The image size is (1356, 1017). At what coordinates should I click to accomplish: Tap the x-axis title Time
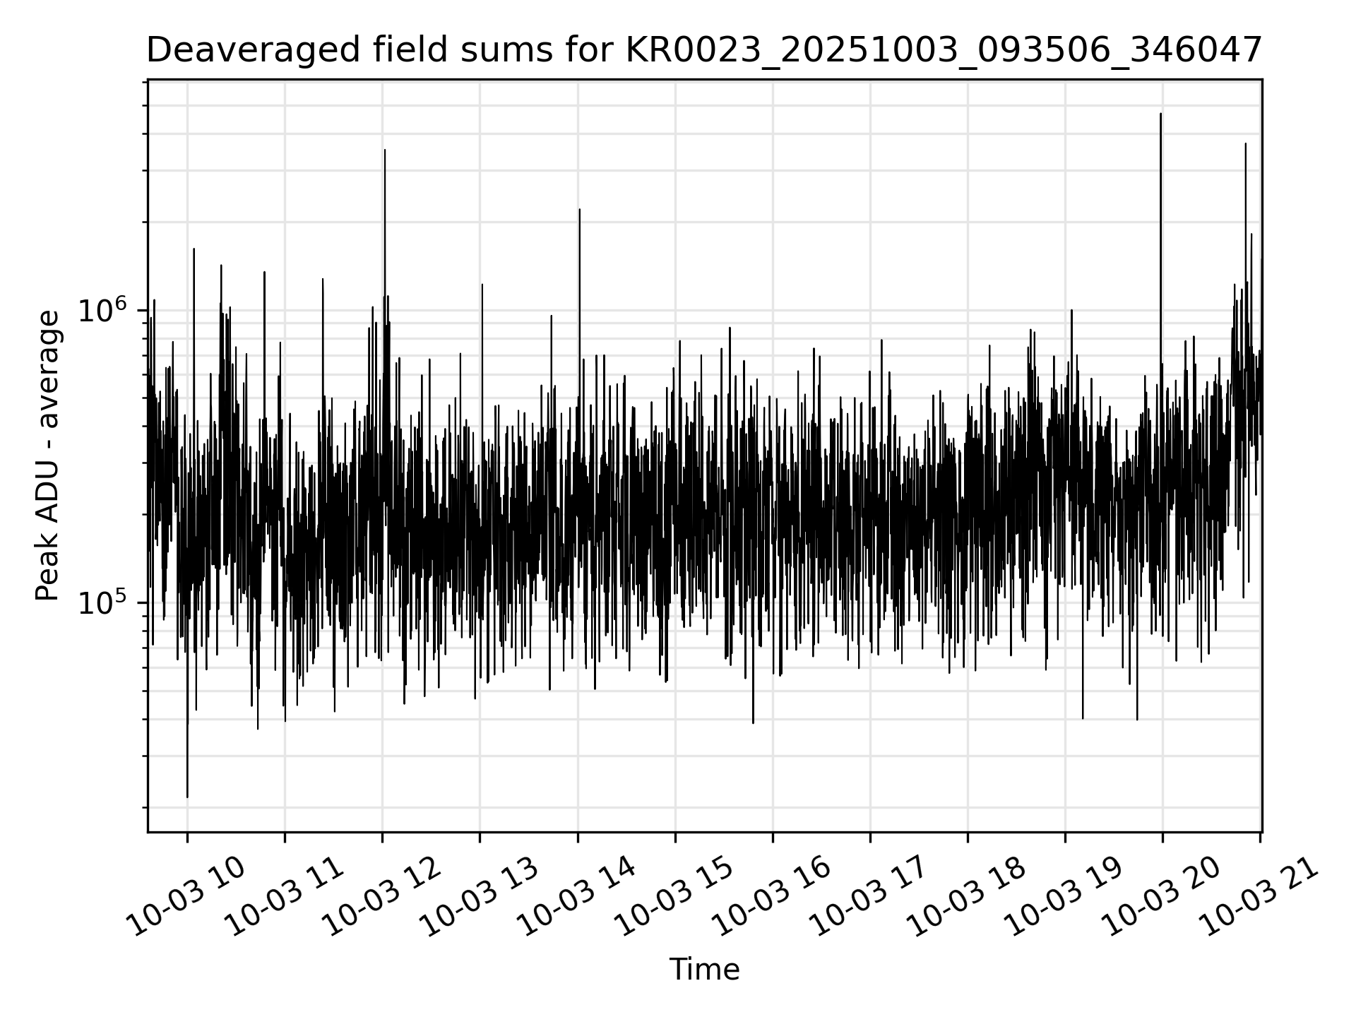click(704, 970)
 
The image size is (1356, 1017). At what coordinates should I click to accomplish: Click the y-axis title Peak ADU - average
click(48, 456)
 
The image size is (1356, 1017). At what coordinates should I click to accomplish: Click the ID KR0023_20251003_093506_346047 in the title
click(943, 51)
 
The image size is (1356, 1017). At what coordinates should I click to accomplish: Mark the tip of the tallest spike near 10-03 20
click(1160, 114)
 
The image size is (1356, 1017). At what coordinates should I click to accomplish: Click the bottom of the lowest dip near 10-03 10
click(187, 797)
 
